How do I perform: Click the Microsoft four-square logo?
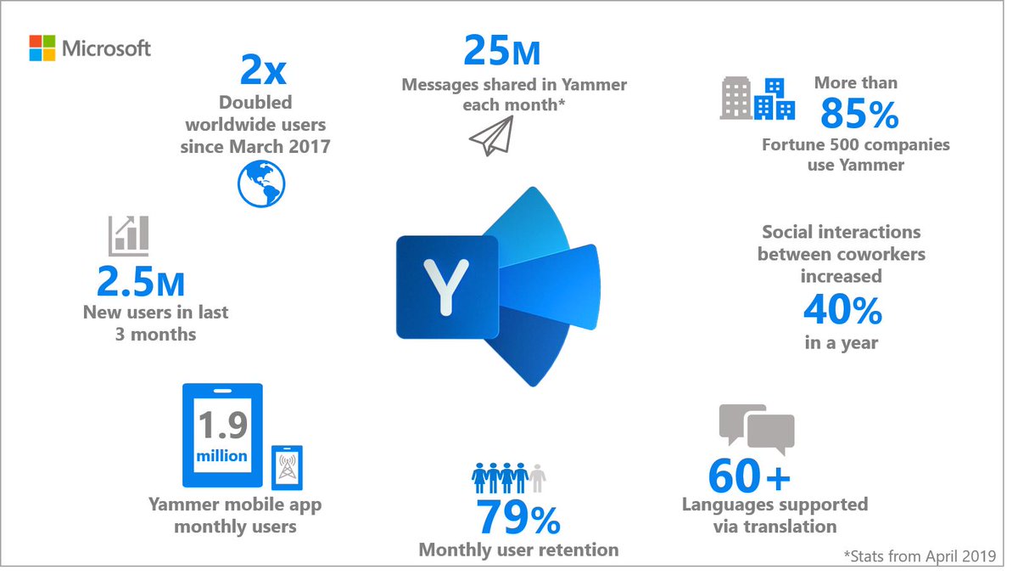click(42, 48)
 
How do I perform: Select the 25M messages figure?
click(501, 51)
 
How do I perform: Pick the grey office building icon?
click(736, 99)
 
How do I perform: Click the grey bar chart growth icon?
click(128, 235)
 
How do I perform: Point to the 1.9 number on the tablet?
click(223, 424)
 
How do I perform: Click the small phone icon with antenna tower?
click(286, 468)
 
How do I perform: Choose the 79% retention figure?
click(517, 515)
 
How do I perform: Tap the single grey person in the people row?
click(537, 476)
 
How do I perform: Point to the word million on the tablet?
click(223, 456)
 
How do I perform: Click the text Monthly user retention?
click(518, 550)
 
